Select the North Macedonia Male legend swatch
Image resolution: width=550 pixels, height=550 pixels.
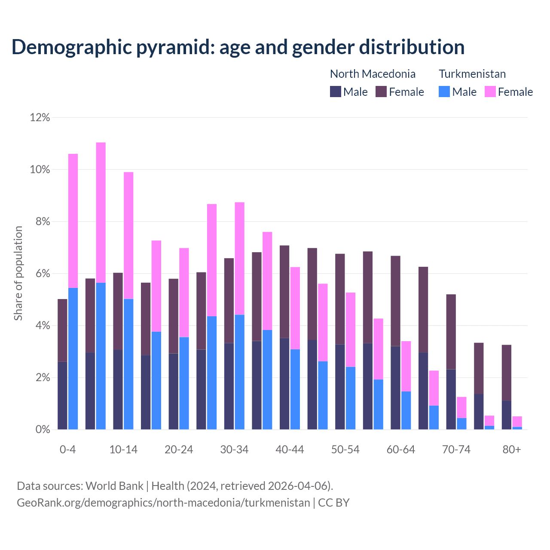335,92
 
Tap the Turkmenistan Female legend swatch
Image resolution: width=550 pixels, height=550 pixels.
490,92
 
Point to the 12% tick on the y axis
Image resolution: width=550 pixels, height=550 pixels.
40,117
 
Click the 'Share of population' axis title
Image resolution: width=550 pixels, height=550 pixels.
18,273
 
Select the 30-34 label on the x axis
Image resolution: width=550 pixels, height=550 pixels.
234,449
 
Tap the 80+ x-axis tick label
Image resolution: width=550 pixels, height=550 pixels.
512,449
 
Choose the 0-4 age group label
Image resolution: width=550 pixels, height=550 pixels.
67,449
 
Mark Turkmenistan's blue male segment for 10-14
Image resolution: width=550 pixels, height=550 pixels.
128,364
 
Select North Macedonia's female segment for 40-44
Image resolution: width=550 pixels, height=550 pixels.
284,292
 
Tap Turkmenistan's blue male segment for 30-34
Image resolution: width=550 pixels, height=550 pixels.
239,372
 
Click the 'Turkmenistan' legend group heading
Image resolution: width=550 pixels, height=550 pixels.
472,74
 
